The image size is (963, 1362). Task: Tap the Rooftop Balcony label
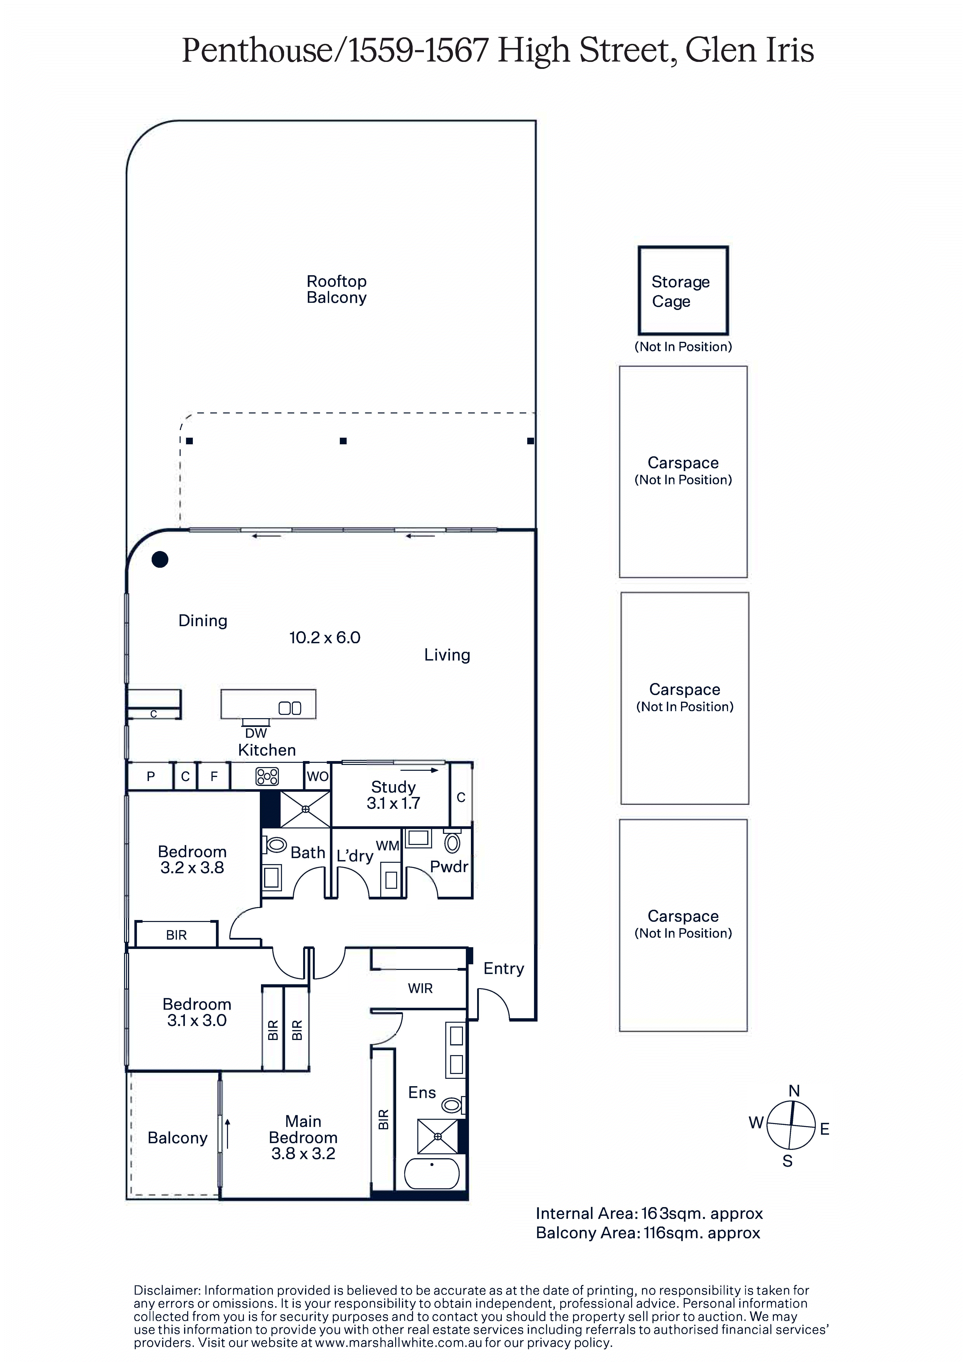[336, 289]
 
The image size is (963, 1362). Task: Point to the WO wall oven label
[318, 777]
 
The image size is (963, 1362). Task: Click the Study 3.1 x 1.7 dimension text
[393, 803]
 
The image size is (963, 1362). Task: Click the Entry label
[504, 969]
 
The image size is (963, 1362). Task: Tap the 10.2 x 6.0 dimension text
[324, 638]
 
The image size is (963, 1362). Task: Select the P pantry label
[151, 777]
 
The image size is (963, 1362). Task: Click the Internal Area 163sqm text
[649, 1214]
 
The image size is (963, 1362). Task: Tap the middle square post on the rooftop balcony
[343, 441]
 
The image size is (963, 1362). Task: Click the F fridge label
[214, 777]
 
